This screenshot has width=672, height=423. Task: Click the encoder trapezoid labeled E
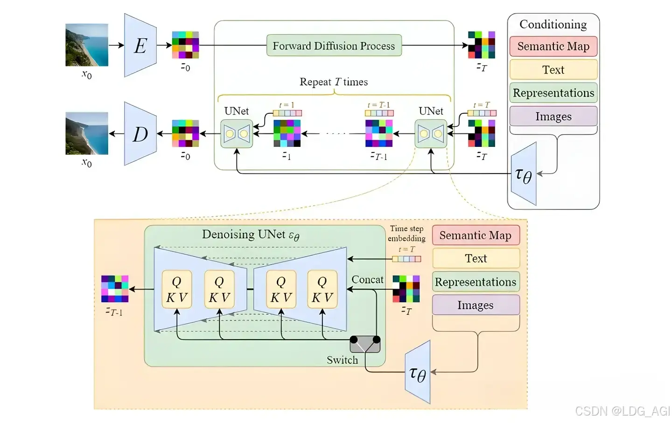pos(140,45)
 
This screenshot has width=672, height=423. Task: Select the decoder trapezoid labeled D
pos(140,134)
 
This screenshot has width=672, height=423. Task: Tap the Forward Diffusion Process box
pos(334,46)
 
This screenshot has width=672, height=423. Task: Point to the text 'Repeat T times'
pos(333,82)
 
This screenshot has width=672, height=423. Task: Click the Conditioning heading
pos(553,24)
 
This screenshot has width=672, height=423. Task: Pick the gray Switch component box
pos(365,344)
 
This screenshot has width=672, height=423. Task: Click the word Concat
pos(367,279)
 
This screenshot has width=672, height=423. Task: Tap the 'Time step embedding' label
pos(406,233)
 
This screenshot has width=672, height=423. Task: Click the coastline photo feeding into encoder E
pos(87,45)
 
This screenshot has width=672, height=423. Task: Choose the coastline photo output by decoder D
pos(87,133)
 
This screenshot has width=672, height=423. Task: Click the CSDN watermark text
pos(622,411)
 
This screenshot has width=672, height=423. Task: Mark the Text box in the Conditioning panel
pos(553,69)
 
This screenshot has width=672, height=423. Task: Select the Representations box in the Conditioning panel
pos(553,93)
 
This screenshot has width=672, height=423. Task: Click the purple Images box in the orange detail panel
pos(476,305)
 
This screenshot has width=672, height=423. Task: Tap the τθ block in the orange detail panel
pos(418,373)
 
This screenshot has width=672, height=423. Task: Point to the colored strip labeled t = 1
pos(287,113)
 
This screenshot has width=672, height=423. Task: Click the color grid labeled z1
pos(287,133)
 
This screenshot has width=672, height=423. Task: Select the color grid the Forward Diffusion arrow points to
pos(482,45)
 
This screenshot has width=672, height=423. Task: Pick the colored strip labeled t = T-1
pos(379,113)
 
